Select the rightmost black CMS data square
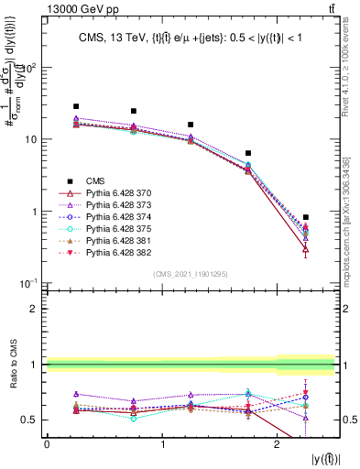[306, 217]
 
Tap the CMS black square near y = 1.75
[248, 153]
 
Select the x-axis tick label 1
[162, 443]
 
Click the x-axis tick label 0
[47, 443]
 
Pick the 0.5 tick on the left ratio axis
[33, 420]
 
